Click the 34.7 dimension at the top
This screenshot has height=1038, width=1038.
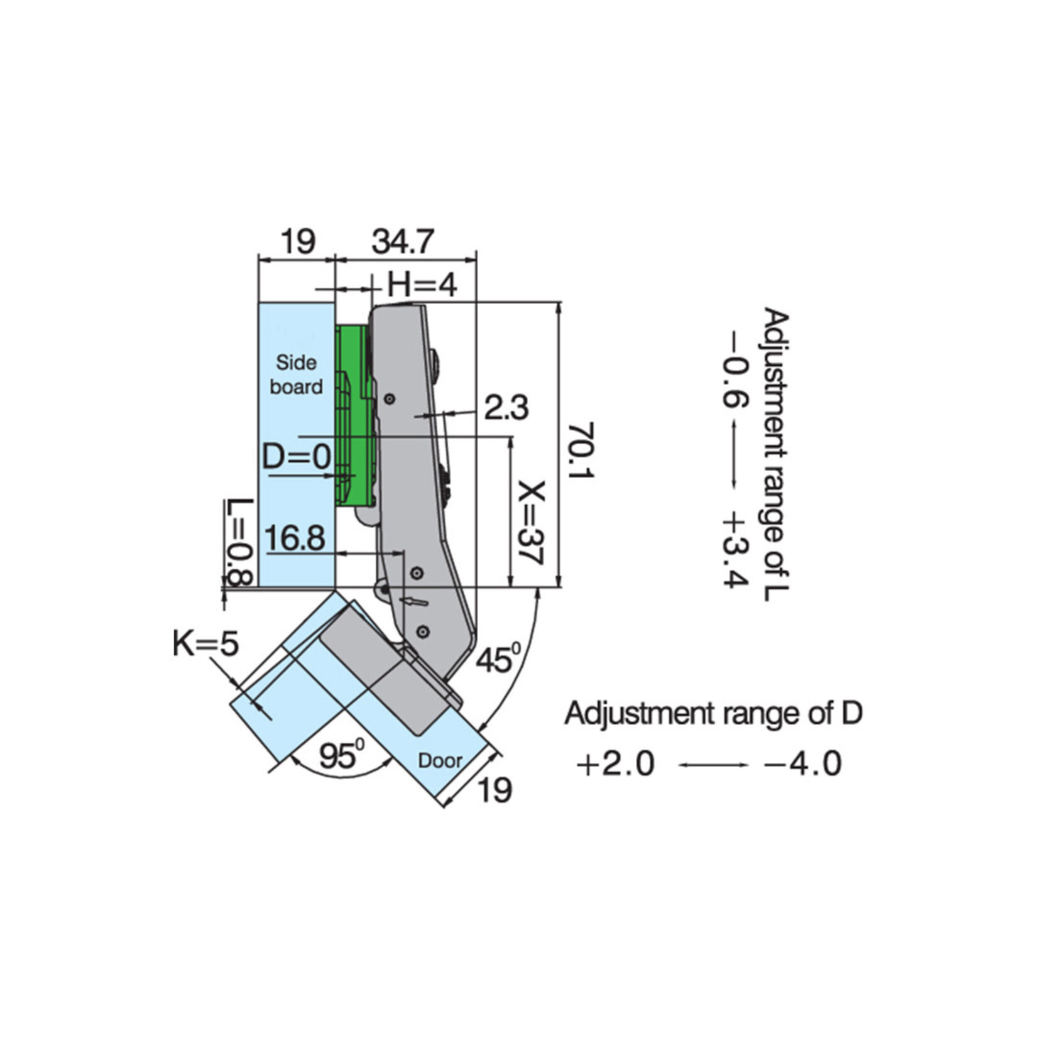[x=403, y=242]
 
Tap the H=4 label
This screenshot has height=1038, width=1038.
[x=422, y=286]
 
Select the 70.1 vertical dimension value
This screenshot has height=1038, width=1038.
[x=581, y=450]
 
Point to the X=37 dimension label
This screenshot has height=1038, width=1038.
[x=531, y=523]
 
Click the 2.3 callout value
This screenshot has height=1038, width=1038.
[x=506, y=408]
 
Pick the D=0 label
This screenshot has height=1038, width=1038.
[x=296, y=456]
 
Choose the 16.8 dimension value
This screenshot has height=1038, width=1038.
[x=295, y=538]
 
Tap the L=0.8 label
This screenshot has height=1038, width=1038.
[x=239, y=542]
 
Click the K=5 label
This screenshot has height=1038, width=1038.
[x=205, y=644]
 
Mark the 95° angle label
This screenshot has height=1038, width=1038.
[x=341, y=755]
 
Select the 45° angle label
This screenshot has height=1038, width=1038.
[x=498, y=660]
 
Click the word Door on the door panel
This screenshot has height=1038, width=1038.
[x=440, y=761]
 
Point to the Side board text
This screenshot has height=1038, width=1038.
[x=297, y=374]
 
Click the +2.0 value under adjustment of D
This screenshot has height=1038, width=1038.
[x=615, y=765]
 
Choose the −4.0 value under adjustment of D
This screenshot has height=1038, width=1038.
[x=802, y=765]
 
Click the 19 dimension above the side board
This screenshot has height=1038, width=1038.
[x=297, y=242]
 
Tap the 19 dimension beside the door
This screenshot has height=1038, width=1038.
[x=494, y=790]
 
